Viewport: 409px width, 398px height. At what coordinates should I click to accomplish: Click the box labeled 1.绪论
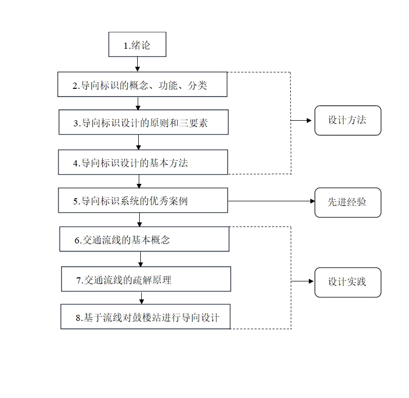point(137,45)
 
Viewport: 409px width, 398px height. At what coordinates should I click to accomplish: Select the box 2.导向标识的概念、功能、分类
point(142,84)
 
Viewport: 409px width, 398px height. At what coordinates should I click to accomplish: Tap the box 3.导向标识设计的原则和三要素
point(143,123)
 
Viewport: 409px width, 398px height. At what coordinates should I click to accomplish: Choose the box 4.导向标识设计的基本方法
point(142,162)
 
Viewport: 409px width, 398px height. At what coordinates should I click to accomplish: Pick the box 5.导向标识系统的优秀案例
point(142,200)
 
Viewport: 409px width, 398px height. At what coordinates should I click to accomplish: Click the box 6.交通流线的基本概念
point(143,239)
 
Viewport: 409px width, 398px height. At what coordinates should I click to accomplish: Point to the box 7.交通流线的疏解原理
point(146,279)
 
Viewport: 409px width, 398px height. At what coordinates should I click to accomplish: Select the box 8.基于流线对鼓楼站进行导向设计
point(145,316)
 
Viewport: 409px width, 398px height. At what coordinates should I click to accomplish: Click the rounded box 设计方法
point(347,121)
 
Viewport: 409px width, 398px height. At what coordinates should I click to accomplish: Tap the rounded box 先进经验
point(347,202)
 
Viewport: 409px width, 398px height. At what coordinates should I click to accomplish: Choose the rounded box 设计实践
point(347,282)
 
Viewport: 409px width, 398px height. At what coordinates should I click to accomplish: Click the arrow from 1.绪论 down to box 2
point(137,64)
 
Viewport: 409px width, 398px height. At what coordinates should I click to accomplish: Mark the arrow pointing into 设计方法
point(303,121)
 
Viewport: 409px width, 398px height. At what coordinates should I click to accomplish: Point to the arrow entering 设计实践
point(303,281)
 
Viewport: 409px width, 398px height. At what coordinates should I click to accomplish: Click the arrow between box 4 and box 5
point(139,181)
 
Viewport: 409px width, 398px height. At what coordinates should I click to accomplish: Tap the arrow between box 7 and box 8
point(142,298)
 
